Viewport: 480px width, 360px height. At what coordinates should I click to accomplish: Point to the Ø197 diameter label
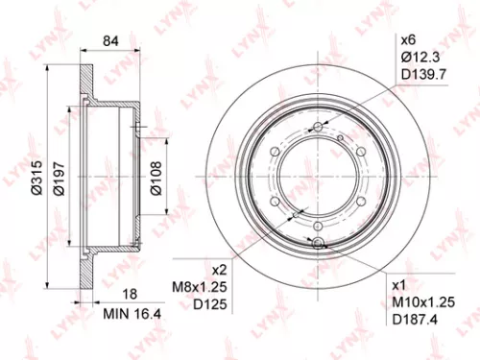coord(57,175)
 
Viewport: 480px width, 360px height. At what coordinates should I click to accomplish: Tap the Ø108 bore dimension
coord(157,175)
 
